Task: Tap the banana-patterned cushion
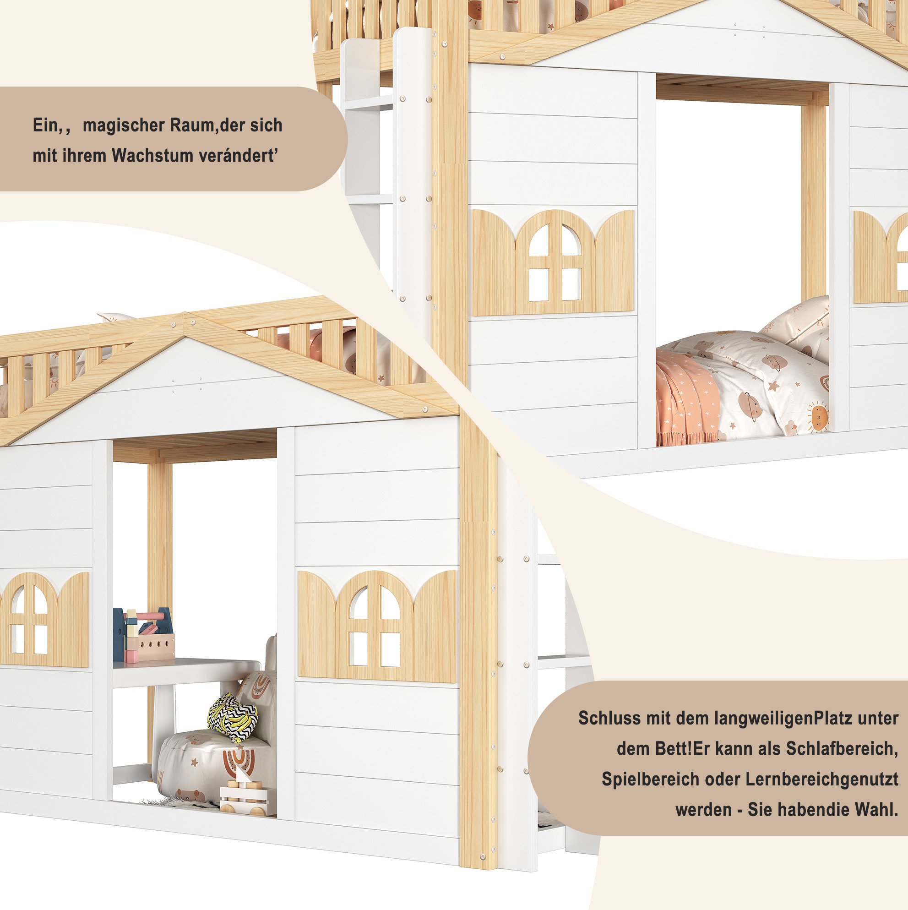[x=233, y=717]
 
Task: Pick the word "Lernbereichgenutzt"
[x=822, y=779]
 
